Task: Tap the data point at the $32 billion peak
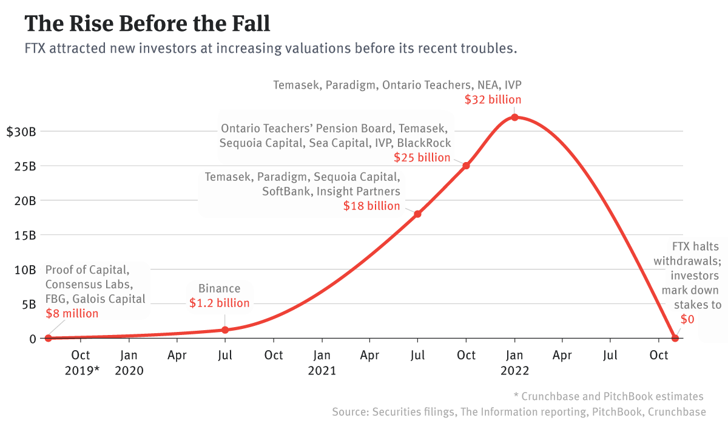tap(514, 117)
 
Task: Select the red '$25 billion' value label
tap(422, 158)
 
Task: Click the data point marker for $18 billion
tap(417, 214)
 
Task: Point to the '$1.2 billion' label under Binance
tap(218, 303)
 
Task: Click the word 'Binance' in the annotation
tap(220, 289)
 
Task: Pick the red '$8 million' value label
tap(72, 314)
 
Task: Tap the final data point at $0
tap(675, 338)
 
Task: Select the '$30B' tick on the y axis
tap(21, 132)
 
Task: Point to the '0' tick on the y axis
tap(33, 339)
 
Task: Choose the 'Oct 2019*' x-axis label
tap(81, 363)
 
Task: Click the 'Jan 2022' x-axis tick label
tap(514, 363)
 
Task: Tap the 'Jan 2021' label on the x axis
tap(322, 363)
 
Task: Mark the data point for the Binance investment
tap(225, 330)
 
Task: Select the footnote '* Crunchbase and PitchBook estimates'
tap(608, 396)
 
